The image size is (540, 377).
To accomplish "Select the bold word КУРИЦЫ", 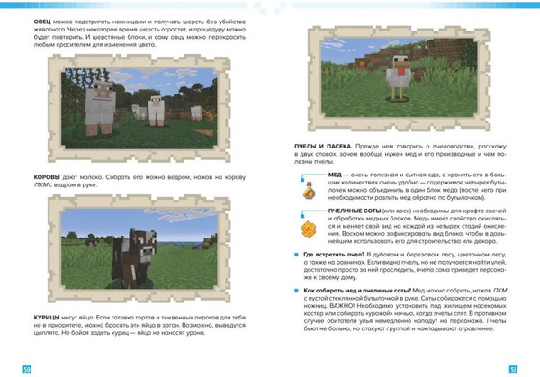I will click(x=46, y=318).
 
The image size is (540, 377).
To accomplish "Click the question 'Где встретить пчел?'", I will click(x=335, y=256).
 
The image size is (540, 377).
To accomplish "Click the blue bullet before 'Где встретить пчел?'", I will click(x=298, y=256).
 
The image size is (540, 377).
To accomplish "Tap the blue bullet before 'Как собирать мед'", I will click(x=298, y=292).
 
